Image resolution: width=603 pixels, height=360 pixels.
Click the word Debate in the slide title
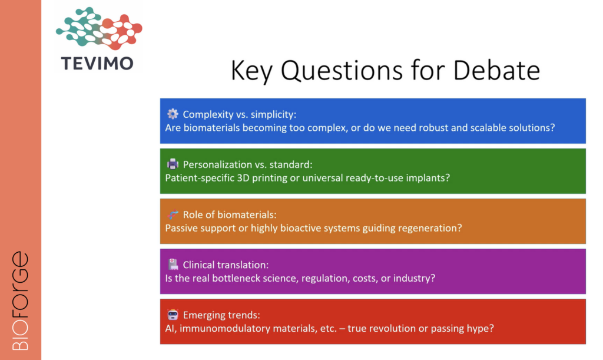click(x=496, y=70)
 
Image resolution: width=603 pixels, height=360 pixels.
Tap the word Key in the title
click(x=251, y=72)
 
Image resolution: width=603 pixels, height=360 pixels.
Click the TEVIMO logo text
click(x=97, y=64)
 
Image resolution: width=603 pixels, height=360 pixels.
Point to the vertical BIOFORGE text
click(x=21, y=300)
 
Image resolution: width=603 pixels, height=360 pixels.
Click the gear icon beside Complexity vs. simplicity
click(x=173, y=114)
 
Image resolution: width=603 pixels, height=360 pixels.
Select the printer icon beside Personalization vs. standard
click(x=173, y=164)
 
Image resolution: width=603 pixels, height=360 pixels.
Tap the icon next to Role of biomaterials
click(x=173, y=214)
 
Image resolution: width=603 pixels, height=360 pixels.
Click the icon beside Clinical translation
click(x=173, y=264)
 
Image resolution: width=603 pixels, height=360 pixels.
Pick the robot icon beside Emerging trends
click(x=173, y=315)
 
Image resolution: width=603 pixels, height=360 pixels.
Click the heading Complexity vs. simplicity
click(x=240, y=114)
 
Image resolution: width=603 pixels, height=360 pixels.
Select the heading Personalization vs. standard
click(x=248, y=164)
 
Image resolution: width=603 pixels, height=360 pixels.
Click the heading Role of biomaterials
click(x=230, y=214)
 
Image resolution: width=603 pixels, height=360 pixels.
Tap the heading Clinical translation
click(x=226, y=265)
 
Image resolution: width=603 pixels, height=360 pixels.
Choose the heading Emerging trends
click(x=221, y=315)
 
